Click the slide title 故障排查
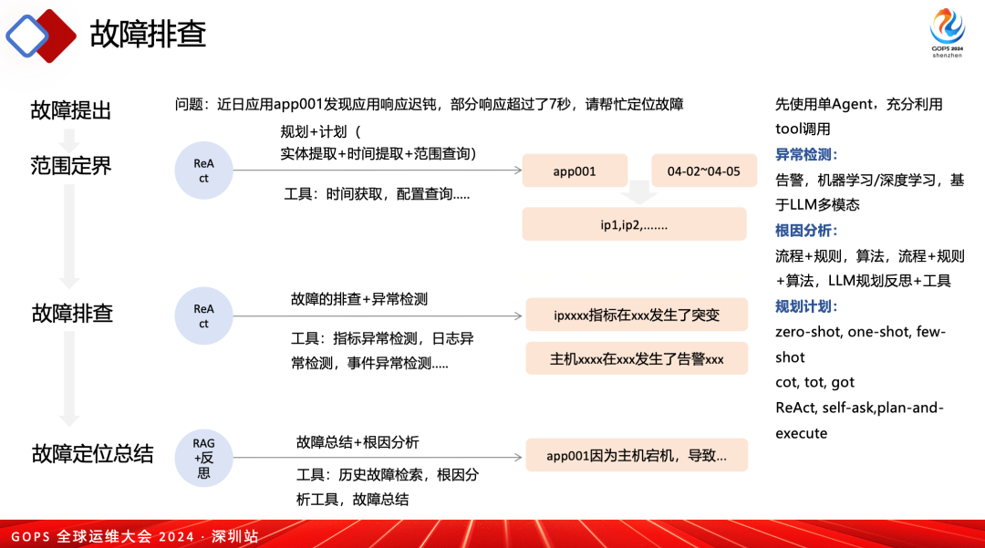click(x=148, y=34)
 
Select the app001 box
click(x=575, y=171)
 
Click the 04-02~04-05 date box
click(x=704, y=171)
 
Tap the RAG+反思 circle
click(x=204, y=458)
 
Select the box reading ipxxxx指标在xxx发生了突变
click(x=637, y=315)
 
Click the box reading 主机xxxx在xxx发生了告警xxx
click(x=637, y=358)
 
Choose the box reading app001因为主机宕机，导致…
click(x=637, y=455)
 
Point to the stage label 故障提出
click(x=70, y=110)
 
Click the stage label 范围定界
click(x=70, y=165)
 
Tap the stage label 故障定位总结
click(x=92, y=453)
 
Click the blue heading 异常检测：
click(x=806, y=154)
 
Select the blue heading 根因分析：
click(x=806, y=230)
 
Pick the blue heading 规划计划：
click(x=806, y=305)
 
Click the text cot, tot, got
click(x=814, y=382)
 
